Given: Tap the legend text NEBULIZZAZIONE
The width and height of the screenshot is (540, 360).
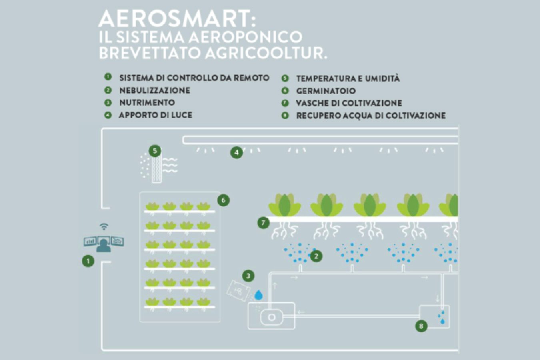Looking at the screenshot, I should [154, 90].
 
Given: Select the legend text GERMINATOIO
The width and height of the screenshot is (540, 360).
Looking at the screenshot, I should [326, 91].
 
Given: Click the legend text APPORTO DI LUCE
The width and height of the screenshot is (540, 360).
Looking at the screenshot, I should [155, 115].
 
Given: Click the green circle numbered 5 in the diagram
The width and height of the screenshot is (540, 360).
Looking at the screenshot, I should [155, 151].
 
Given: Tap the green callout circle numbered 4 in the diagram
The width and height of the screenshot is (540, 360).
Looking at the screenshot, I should [236, 152].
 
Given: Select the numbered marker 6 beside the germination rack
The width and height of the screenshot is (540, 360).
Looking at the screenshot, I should [223, 200].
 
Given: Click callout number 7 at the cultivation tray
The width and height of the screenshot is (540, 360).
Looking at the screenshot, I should [263, 223].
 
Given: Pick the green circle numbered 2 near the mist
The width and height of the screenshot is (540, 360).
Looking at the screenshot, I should [316, 256].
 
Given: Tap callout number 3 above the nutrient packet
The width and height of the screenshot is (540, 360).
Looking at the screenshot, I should [248, 276].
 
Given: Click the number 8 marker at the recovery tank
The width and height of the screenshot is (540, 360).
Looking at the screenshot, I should [421, 326].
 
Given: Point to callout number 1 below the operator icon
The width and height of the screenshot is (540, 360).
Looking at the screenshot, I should [88, 261].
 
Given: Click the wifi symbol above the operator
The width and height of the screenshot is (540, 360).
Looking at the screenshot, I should [104, 227].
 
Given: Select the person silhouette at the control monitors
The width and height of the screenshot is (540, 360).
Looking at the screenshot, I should [104, 244].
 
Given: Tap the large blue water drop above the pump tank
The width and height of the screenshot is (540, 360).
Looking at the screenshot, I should [259, 295].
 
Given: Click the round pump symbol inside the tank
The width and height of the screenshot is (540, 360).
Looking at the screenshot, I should [272, 318].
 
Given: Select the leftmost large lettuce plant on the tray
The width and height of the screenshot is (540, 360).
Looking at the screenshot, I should [284, 205].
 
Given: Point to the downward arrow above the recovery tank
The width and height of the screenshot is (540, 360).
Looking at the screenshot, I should [437, 298].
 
